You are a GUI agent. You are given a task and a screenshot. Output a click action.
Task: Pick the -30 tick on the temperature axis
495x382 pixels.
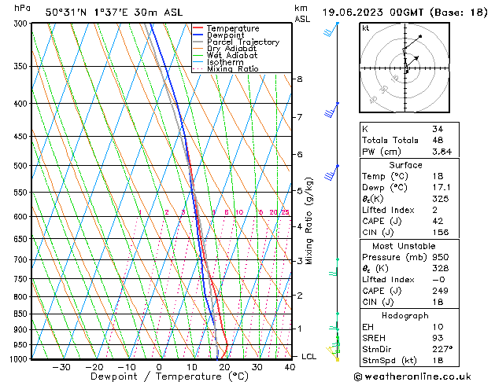(x=61, y=367)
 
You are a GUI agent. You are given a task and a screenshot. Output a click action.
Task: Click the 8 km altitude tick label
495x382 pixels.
(x=300, y=79)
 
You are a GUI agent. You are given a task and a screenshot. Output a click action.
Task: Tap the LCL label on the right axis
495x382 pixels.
(x=308, y=357)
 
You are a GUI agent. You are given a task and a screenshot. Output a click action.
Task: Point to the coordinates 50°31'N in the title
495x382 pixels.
(x=66, y=13)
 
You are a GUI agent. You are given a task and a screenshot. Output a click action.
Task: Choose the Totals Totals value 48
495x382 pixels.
(x=437, y=140)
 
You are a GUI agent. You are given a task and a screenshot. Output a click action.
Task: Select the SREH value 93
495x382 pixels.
(x=437, y=338)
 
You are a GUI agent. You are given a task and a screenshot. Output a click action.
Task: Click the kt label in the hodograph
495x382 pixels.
(x=365, y=28)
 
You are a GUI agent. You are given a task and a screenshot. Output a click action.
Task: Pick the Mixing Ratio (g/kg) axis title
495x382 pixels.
(x=309, y=221)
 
